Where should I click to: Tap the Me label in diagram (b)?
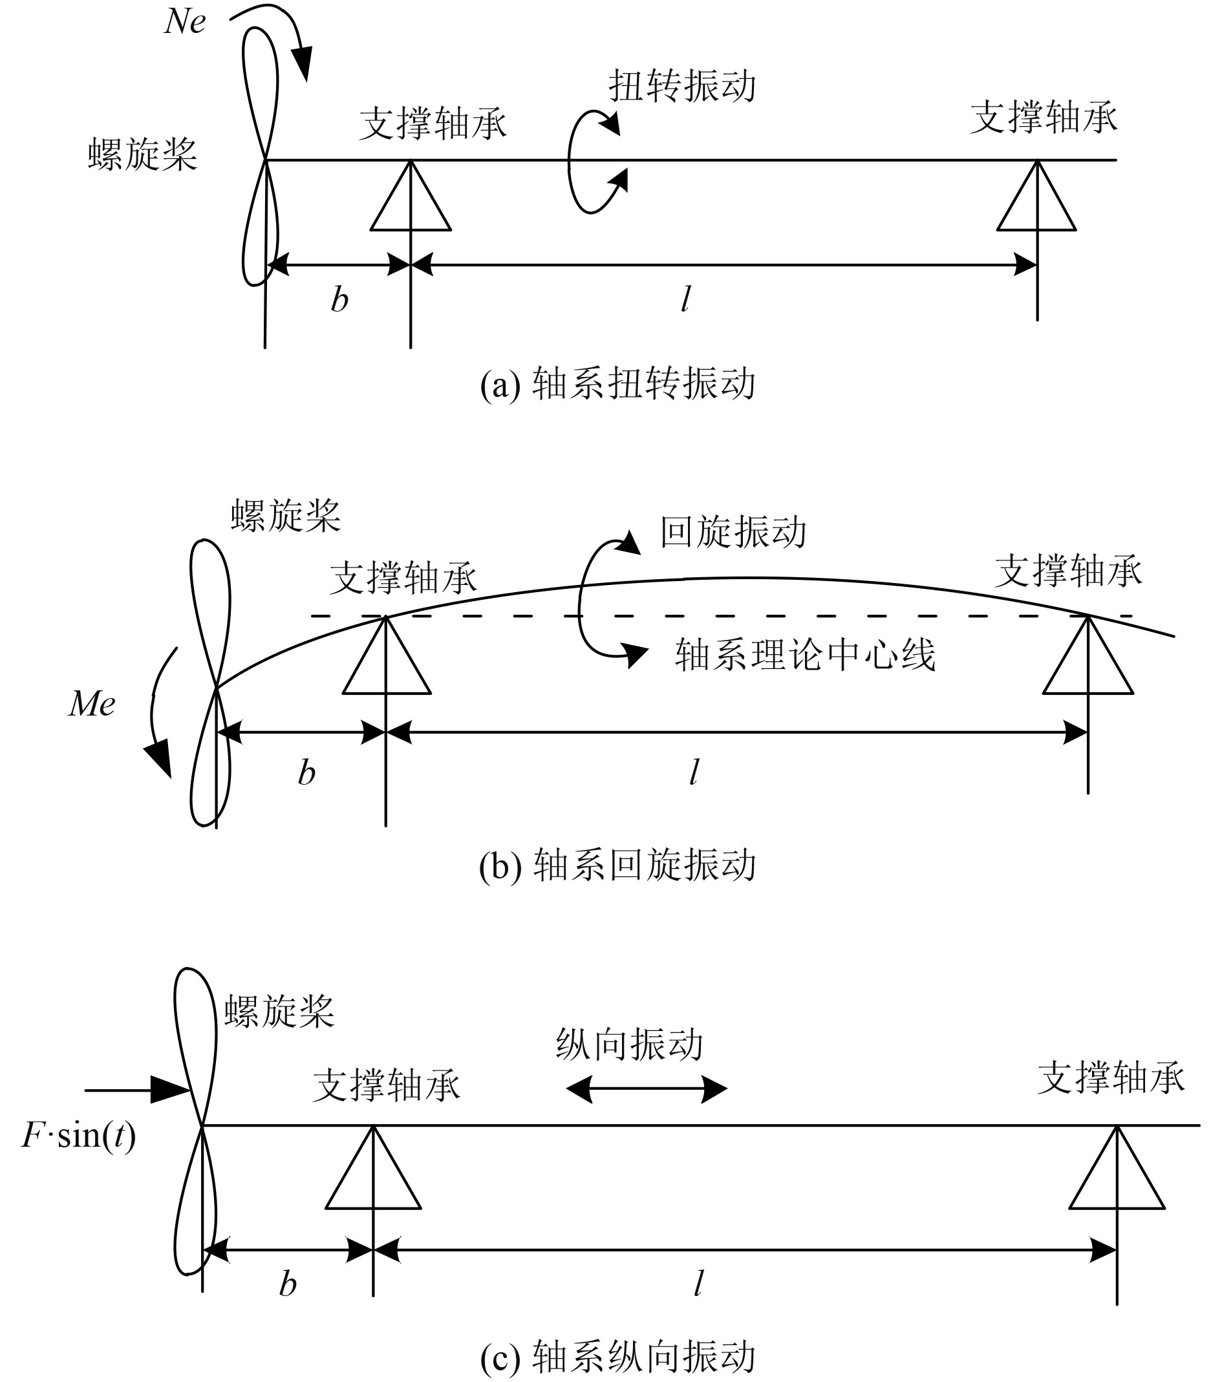(x=92, y=705)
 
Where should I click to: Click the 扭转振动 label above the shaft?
(x=681, y=87)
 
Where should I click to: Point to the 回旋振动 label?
(x=734, y=532)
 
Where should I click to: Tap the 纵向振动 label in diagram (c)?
(x=630, y=1045)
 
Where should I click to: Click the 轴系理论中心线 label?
(x=805, y=655)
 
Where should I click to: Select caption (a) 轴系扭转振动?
(x=617, y=384)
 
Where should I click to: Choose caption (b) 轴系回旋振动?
(x=617, y=865)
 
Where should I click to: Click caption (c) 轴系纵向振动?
(x=617, y=1355)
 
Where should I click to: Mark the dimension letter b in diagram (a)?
(x=339, y=299)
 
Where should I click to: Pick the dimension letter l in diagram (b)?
(x=694, y=772)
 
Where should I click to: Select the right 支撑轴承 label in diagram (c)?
(x=1111, y=1078)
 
